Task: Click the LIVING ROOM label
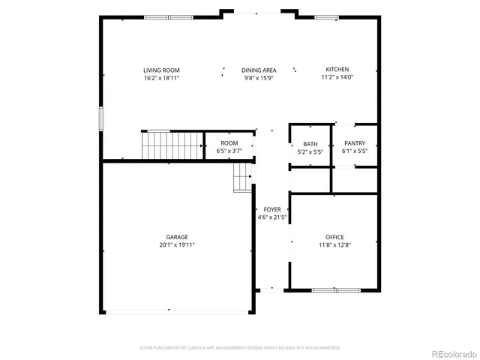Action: click(161, 70)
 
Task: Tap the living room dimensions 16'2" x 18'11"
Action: click(161, 77)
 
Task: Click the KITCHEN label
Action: click(337, 69)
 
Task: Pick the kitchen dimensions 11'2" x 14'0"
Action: click(337, 76)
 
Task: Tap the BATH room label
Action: click(310, 144)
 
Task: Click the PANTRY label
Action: click(355, 143)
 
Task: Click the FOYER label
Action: click(272, 210)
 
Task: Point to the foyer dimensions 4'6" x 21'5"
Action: click(272, 217)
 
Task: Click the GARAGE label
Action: click(177, 237)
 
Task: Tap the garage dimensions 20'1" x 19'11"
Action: click(177, 244)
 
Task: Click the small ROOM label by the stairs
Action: click(229, 143)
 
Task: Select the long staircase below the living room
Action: click(173, 144)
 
